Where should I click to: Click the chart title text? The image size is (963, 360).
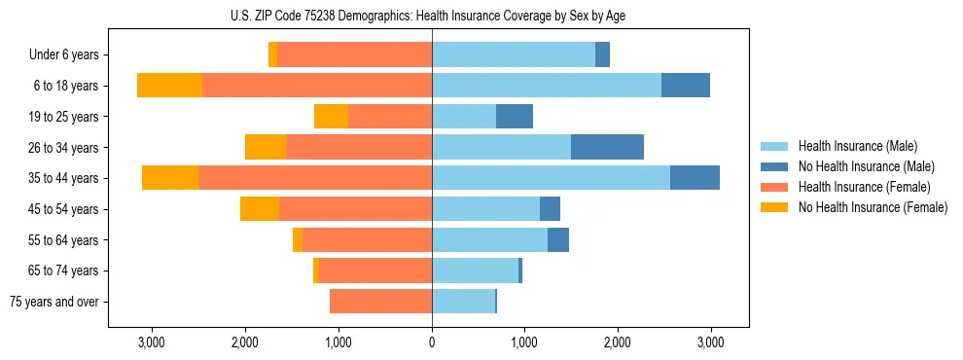click(x=432, y=16)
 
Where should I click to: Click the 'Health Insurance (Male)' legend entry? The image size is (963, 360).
click(x=857, y=146)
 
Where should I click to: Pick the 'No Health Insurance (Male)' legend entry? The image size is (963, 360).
click(x=866, y=166)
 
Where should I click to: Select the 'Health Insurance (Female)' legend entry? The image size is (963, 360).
click(x=864, y=187)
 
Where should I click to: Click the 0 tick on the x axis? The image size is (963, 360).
click(x=432, y=342)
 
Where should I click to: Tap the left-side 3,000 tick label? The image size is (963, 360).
click(x=152, y=342)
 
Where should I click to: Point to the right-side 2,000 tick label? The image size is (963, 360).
click(x=618, y=342)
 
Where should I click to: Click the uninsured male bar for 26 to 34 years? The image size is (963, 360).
click(x=607, y=147)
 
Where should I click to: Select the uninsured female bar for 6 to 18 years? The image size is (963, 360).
click(x=169, y=86)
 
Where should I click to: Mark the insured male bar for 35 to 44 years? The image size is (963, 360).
click(x=551, y=178)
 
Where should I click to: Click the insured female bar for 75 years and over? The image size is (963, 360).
click(x=380, y=302)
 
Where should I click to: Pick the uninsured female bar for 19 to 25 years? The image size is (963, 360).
click(x=331, y=117)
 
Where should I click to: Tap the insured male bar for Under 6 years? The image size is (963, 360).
click(x=514, y=55)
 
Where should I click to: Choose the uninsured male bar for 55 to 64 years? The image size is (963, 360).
click(x=558, y=240)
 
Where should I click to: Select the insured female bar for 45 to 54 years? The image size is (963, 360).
click(x=355, y=209)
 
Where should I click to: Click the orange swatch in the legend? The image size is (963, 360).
click(x=774, y=207)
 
